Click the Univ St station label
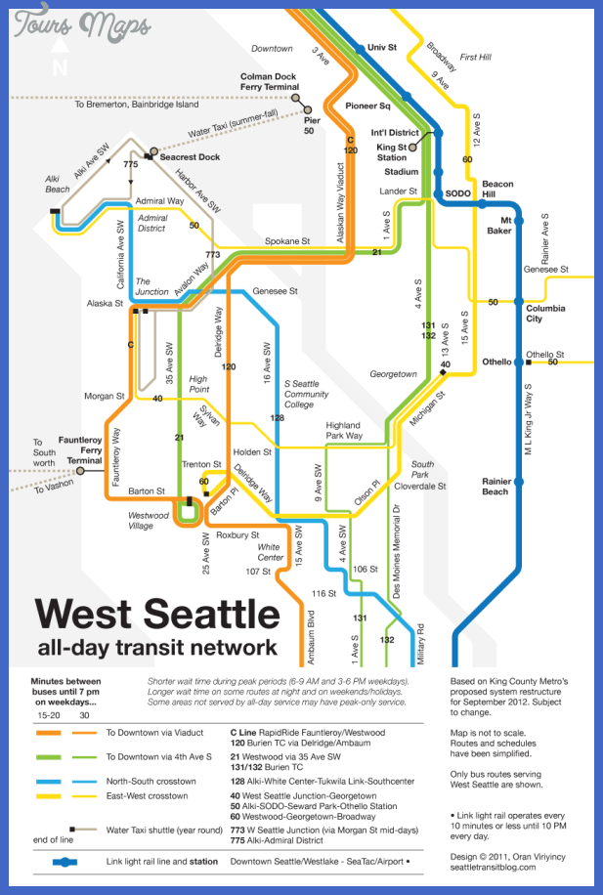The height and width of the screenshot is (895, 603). coord(381,47)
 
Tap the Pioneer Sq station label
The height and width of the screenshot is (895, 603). coord(368,105)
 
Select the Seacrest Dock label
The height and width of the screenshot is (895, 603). coord(190,156)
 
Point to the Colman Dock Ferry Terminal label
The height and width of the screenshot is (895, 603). coord(270,81)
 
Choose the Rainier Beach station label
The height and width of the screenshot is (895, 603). coord(495,486)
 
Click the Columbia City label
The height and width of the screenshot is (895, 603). coord(546,313)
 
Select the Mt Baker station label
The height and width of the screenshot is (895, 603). coord(498,225)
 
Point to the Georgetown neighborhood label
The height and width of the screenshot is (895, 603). coord(394,373)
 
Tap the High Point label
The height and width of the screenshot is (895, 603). coord(198,383)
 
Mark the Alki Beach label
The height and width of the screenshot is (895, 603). coord(58,184)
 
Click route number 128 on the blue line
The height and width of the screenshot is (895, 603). coord(277,417)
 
